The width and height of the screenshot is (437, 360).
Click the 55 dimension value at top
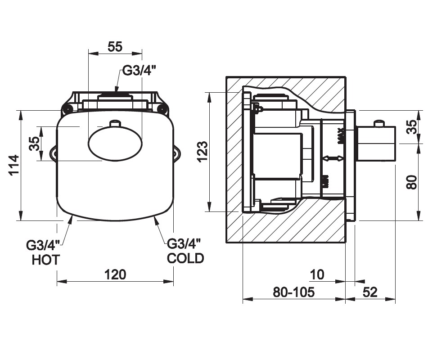(x=115, y=46)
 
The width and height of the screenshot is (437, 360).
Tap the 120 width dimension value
(x=115, y=274)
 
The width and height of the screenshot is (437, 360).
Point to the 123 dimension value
(x=203, y=152)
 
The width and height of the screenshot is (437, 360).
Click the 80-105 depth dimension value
(x=294, y=292)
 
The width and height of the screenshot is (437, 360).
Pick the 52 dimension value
(x=369, y=292)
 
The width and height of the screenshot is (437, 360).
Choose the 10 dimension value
(x=317, y=274)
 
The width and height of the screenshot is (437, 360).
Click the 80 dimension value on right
(x=412, y=182)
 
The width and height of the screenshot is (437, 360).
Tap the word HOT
(x=45, y=260)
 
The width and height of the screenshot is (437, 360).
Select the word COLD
(x=185, y=258)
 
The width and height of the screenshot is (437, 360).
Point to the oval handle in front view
(x=115, y=144)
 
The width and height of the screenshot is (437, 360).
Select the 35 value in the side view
(x=412, y=127)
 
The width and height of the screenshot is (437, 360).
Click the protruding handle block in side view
(x=376, y=143)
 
